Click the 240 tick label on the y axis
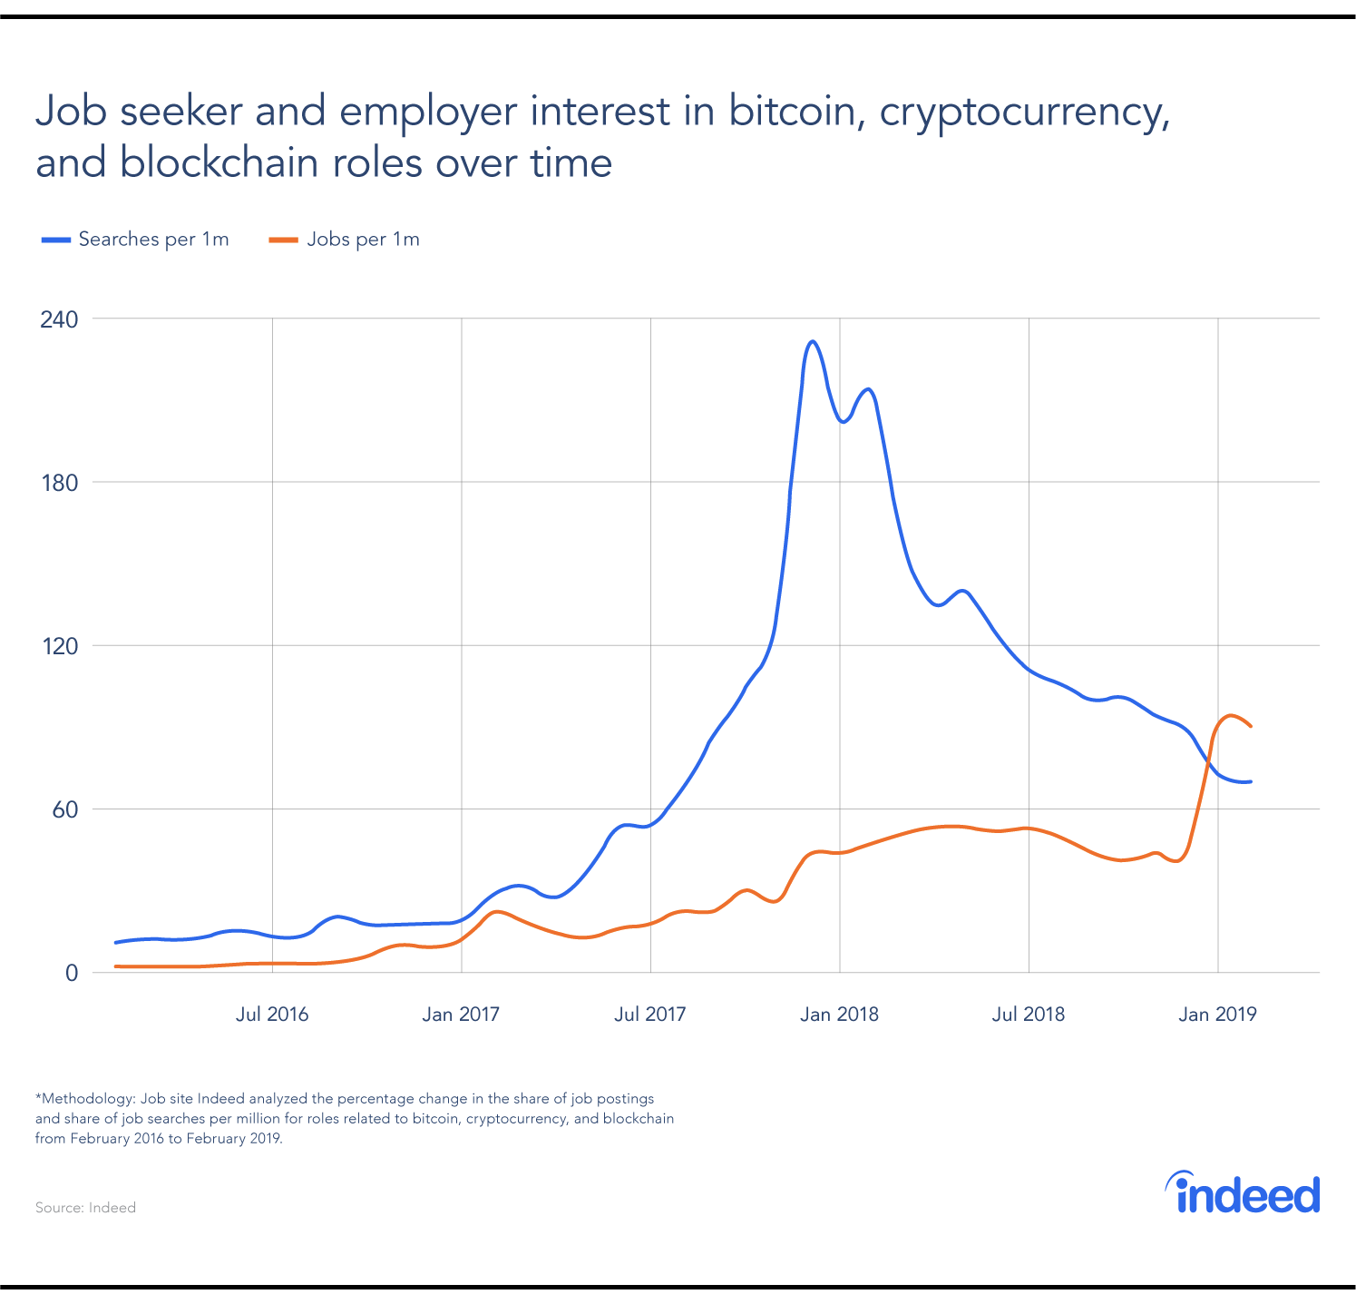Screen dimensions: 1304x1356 click(59, 319)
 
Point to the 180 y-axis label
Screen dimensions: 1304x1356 click(59, 483)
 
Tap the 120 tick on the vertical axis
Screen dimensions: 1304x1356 click(59, 646)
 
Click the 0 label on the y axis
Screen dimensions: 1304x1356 click(71, 973)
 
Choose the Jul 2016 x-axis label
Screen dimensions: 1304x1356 click(272, 1015)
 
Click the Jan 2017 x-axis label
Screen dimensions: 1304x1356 click(461, 1015)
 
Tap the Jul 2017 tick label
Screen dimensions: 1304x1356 click(650, 1015)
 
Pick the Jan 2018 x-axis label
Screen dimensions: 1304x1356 click(839, 1015)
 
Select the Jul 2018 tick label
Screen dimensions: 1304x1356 click(1029, 1015)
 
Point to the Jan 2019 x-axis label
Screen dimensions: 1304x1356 click(1217, 1015)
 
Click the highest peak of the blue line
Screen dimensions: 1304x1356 click(812, 342)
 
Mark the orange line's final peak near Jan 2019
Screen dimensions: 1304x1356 click(1231, 715)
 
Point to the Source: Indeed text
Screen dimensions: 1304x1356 click(85, 1208)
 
